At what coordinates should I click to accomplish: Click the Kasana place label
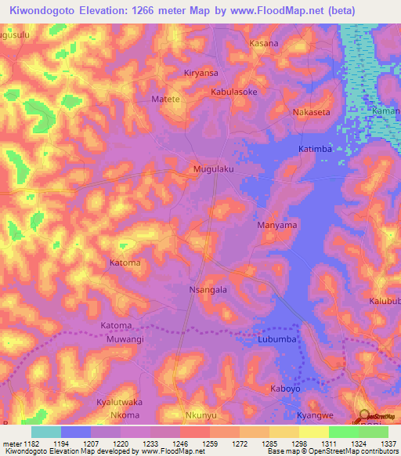point(263,43)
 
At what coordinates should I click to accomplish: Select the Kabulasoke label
point(233,92)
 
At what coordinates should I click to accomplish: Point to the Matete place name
point(165,100)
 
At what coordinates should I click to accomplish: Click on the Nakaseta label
point(311,112)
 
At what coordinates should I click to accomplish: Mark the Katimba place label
point(316,148)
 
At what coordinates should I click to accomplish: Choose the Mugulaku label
point(214,168)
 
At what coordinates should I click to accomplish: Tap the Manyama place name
point(277,225)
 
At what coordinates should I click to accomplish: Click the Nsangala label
point(208,289)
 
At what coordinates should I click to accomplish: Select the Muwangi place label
point(125,340)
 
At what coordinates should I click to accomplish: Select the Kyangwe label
point(316,414)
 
